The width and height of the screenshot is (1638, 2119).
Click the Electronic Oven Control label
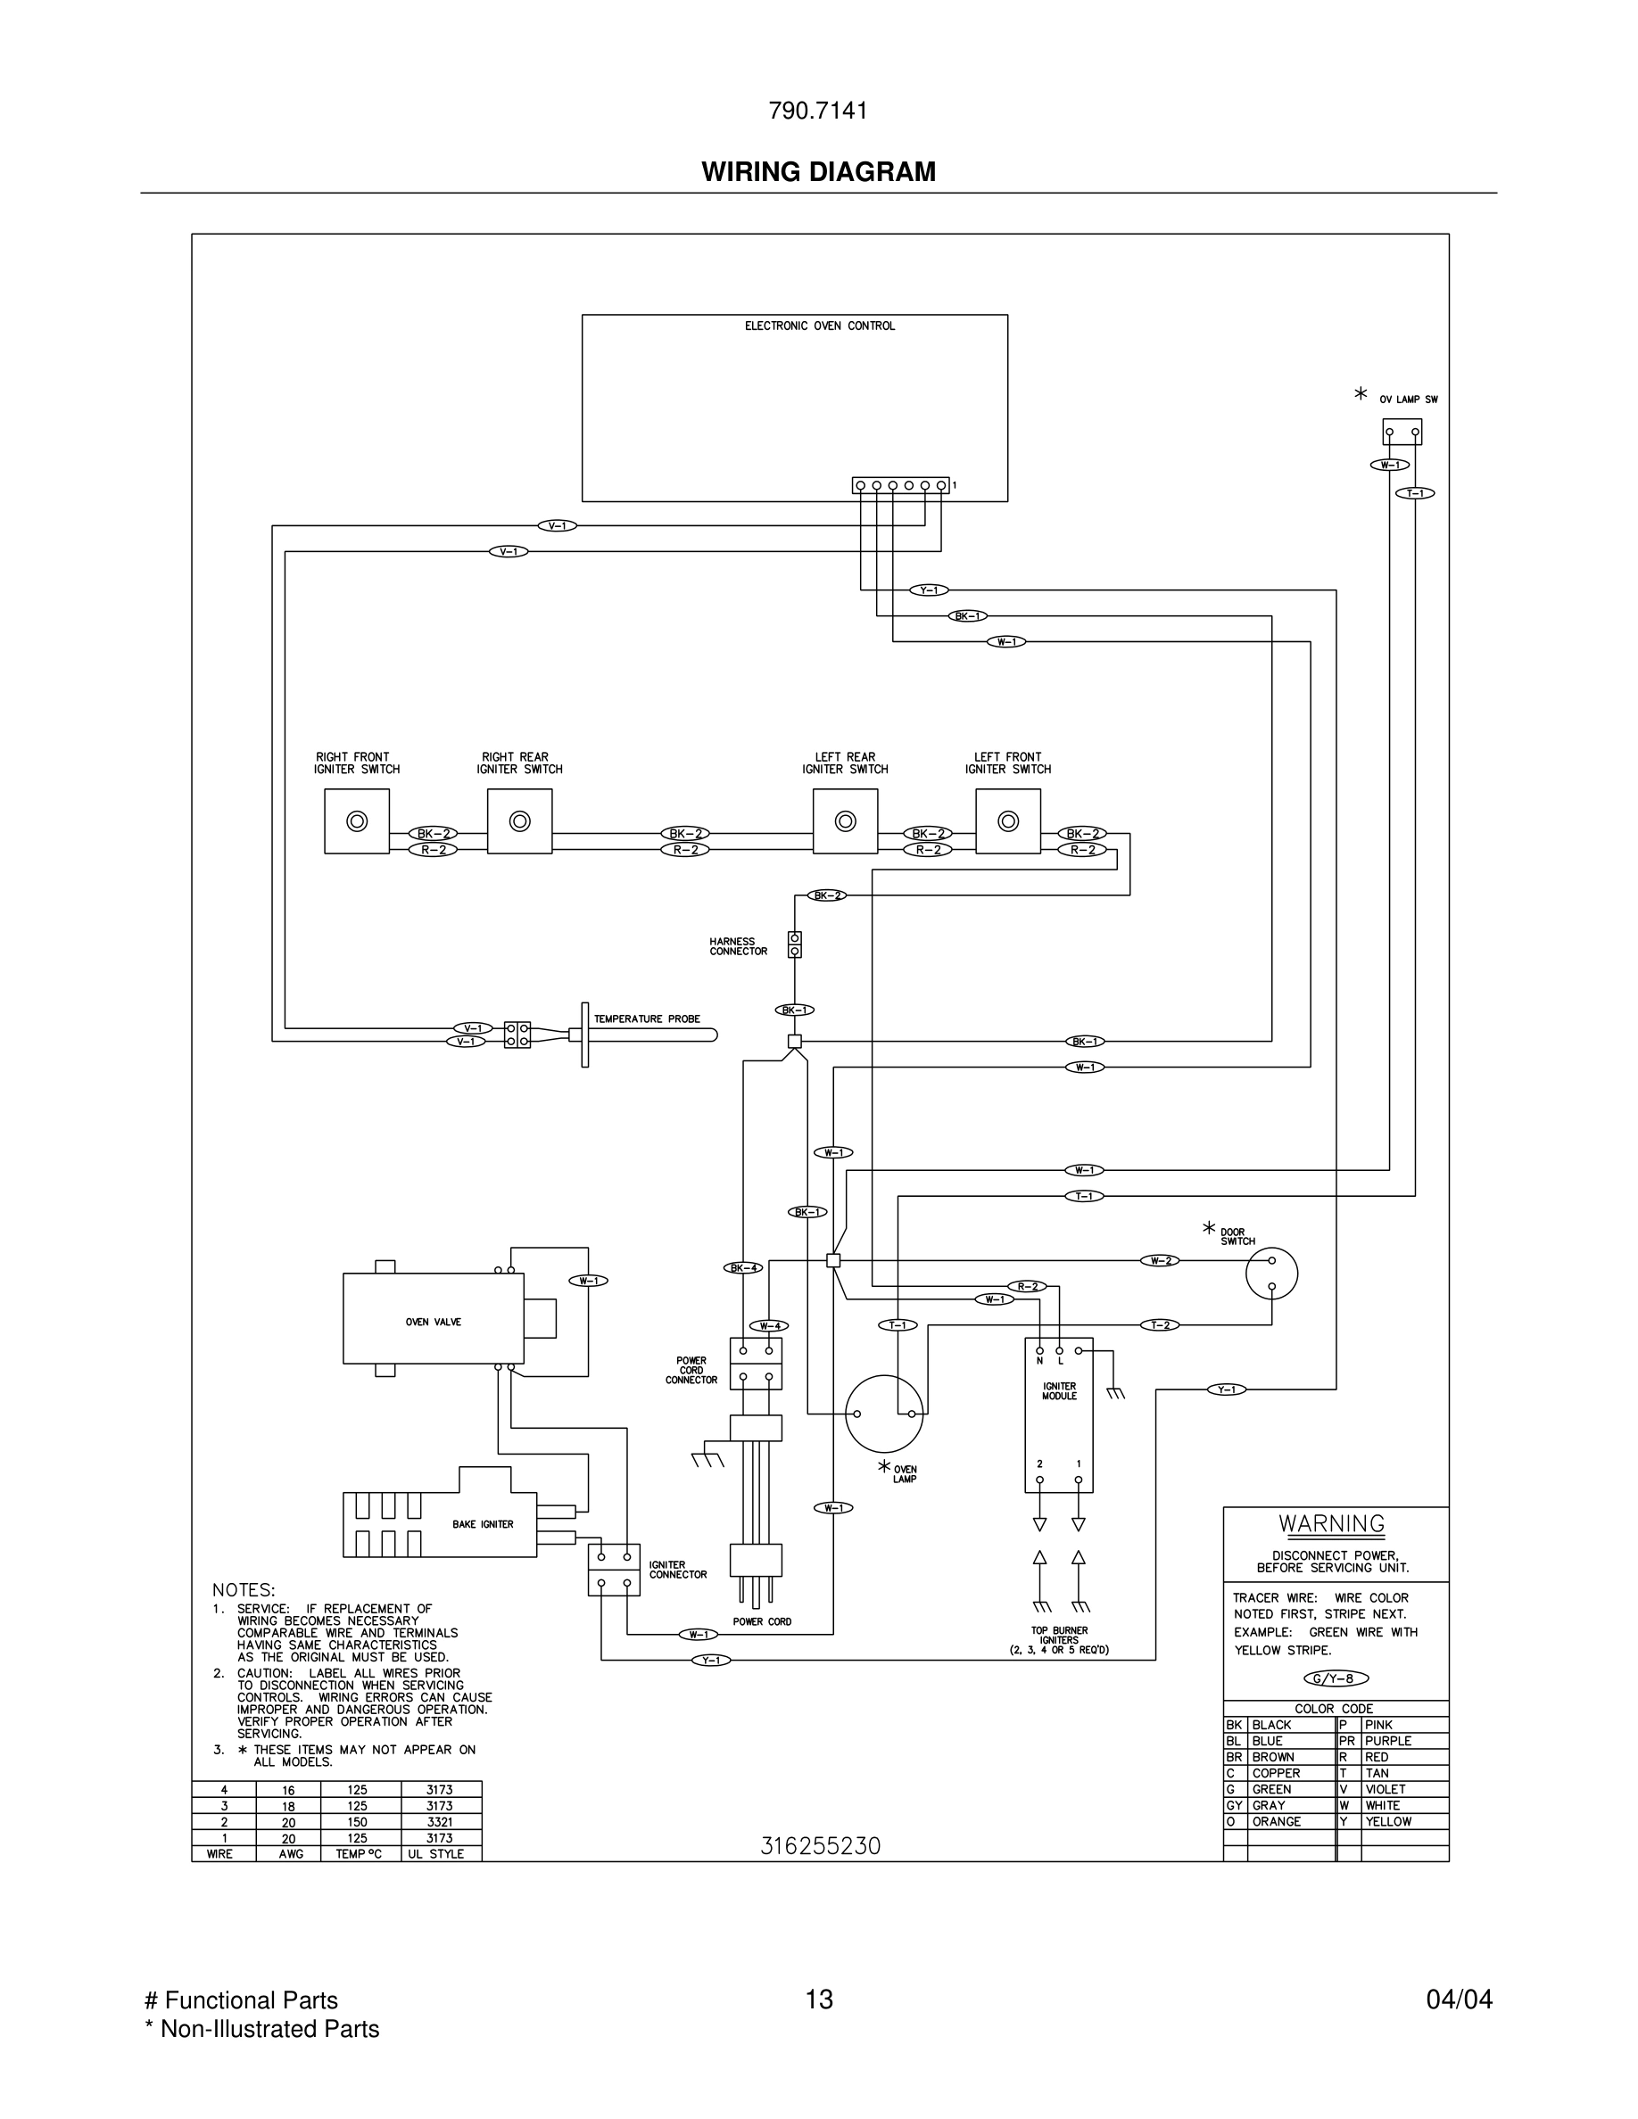pos(819,326)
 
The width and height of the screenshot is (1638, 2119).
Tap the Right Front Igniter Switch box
pos(357,820)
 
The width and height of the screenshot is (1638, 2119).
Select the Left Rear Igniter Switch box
pos(845,820)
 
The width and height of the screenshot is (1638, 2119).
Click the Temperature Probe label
pos(646,1018)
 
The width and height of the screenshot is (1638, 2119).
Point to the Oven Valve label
pos(433,1323)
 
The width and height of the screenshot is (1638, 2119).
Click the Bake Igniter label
pos(483,1524)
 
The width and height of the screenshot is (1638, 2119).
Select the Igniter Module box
pos(1059,1415)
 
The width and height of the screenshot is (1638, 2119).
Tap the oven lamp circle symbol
pos(883,1414)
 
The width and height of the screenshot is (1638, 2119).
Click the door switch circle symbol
pos(1271,1273)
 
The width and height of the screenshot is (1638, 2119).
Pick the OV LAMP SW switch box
pos(1402,432)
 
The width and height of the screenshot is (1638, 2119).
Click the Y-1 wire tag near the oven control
pos(929,590)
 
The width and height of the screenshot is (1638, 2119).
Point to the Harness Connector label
pos(738,946)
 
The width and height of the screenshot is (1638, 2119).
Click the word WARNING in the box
pos(1331,1523)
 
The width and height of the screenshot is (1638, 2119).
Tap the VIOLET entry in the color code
pos(1385,1789)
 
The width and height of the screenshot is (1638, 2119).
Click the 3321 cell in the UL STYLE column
pos(440,1822)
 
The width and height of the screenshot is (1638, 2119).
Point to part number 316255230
pos(820,1846)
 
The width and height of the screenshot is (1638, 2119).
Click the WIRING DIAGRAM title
pos(818,172)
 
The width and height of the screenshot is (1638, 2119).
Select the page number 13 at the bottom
pos(819,1999)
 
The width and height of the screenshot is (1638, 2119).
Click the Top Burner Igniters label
pos(1059,1640)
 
